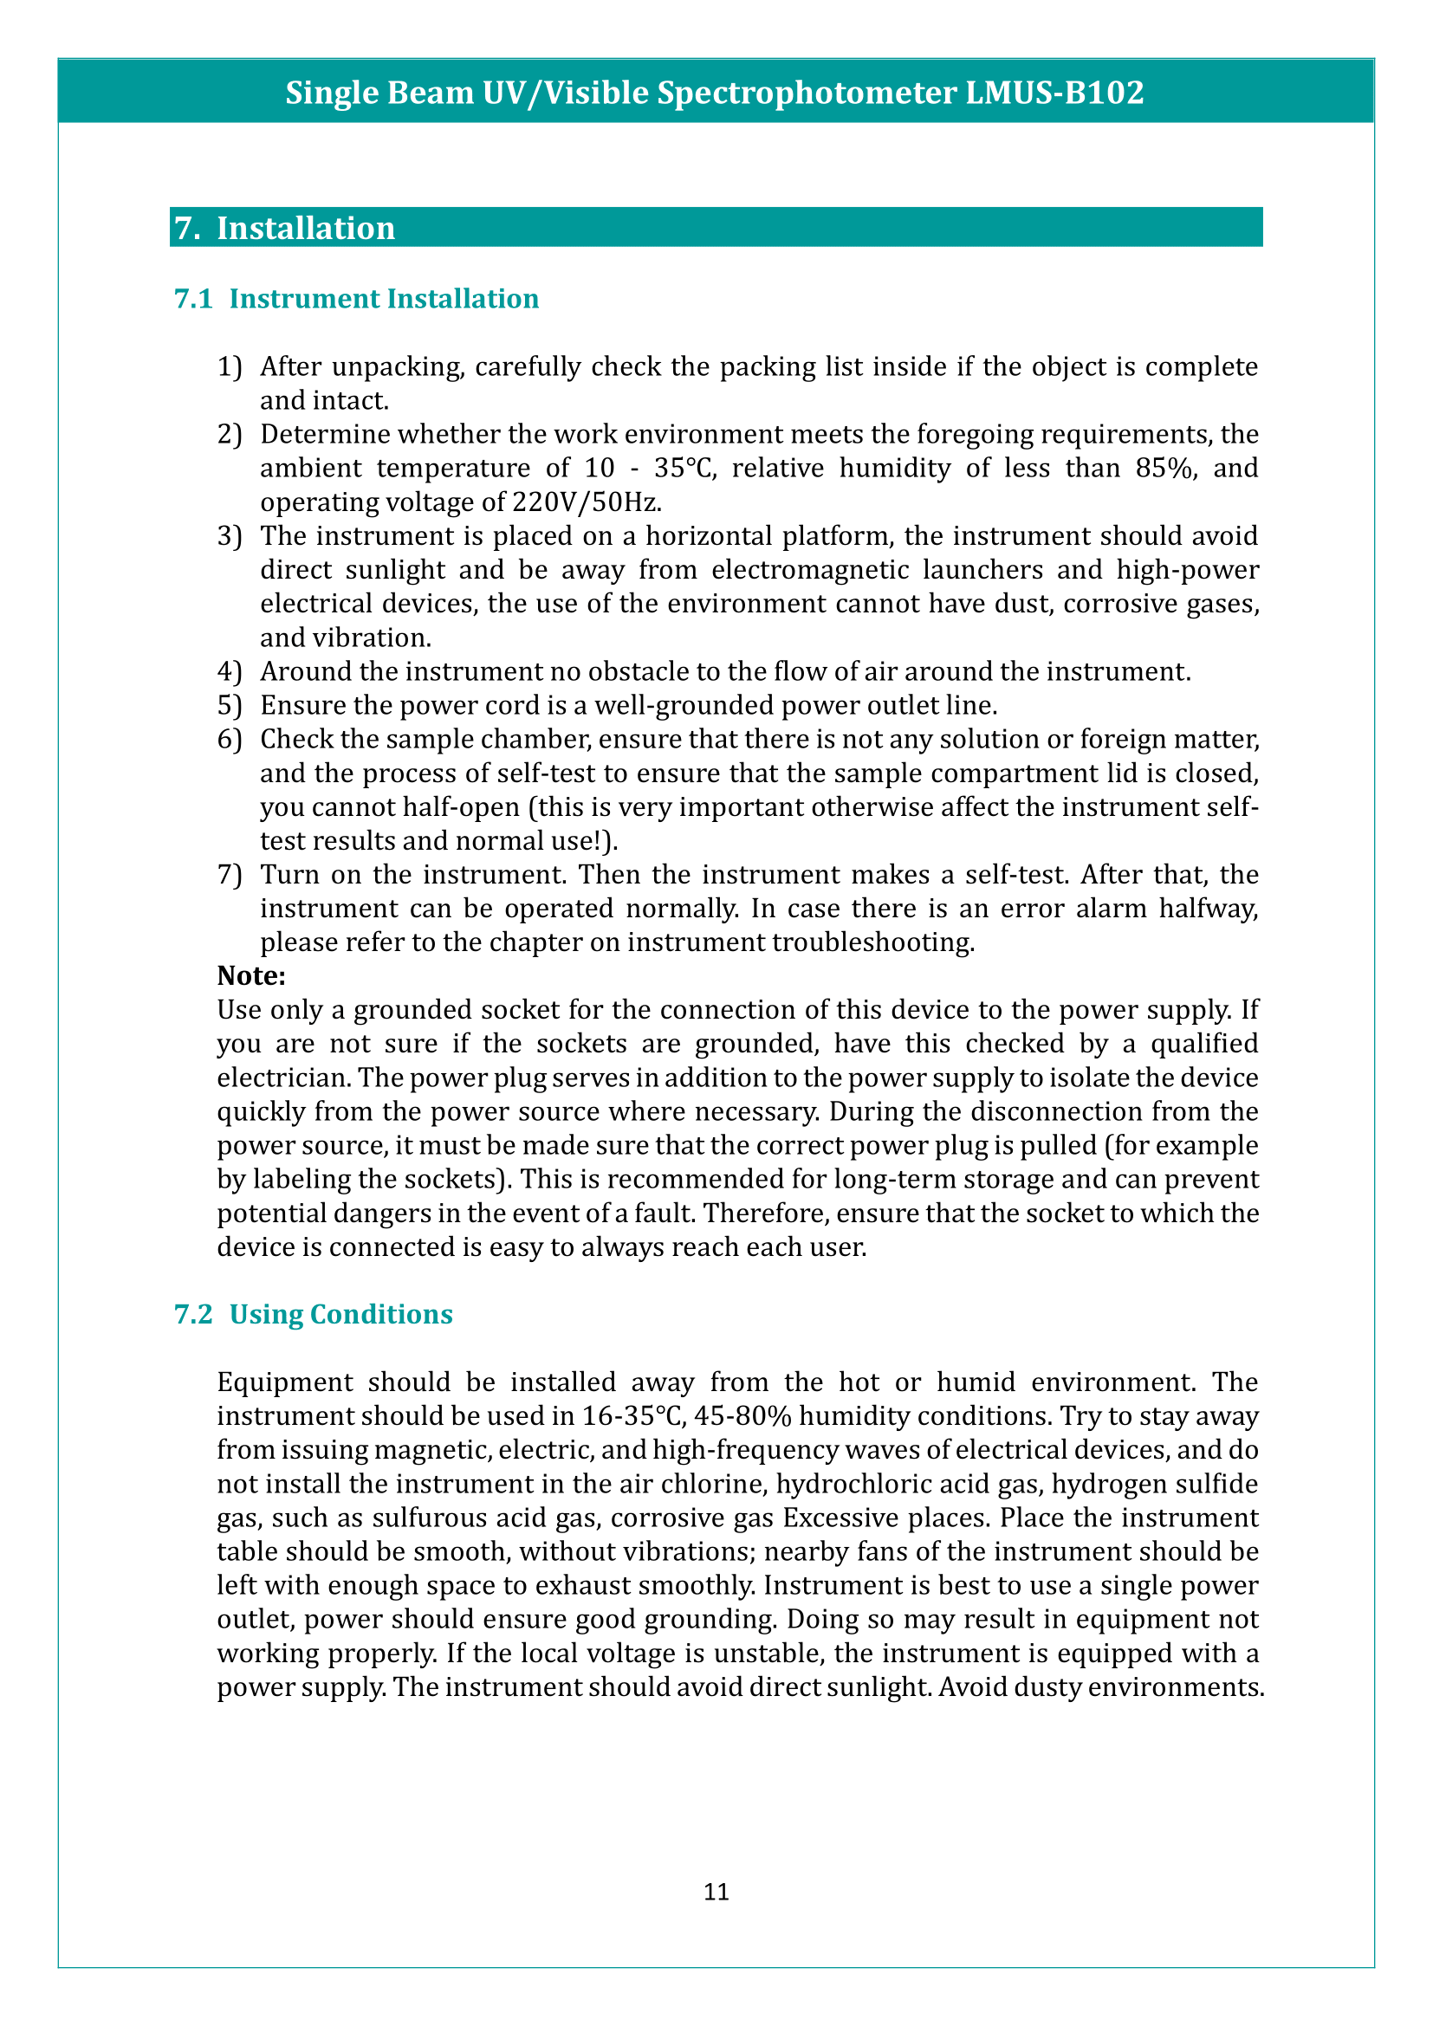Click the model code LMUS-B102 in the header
point(1054,93)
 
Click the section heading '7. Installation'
point(284,228)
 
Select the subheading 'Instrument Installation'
point(384,299)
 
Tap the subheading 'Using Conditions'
point(340,1314)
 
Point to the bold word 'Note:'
point(251,976)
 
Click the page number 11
point(716,1891)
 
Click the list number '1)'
point(230,367)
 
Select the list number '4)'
point(230,671)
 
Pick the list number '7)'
point(230,875)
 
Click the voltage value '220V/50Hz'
point(586,502)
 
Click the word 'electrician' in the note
point(283,1078)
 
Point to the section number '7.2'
point(193,1314)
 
